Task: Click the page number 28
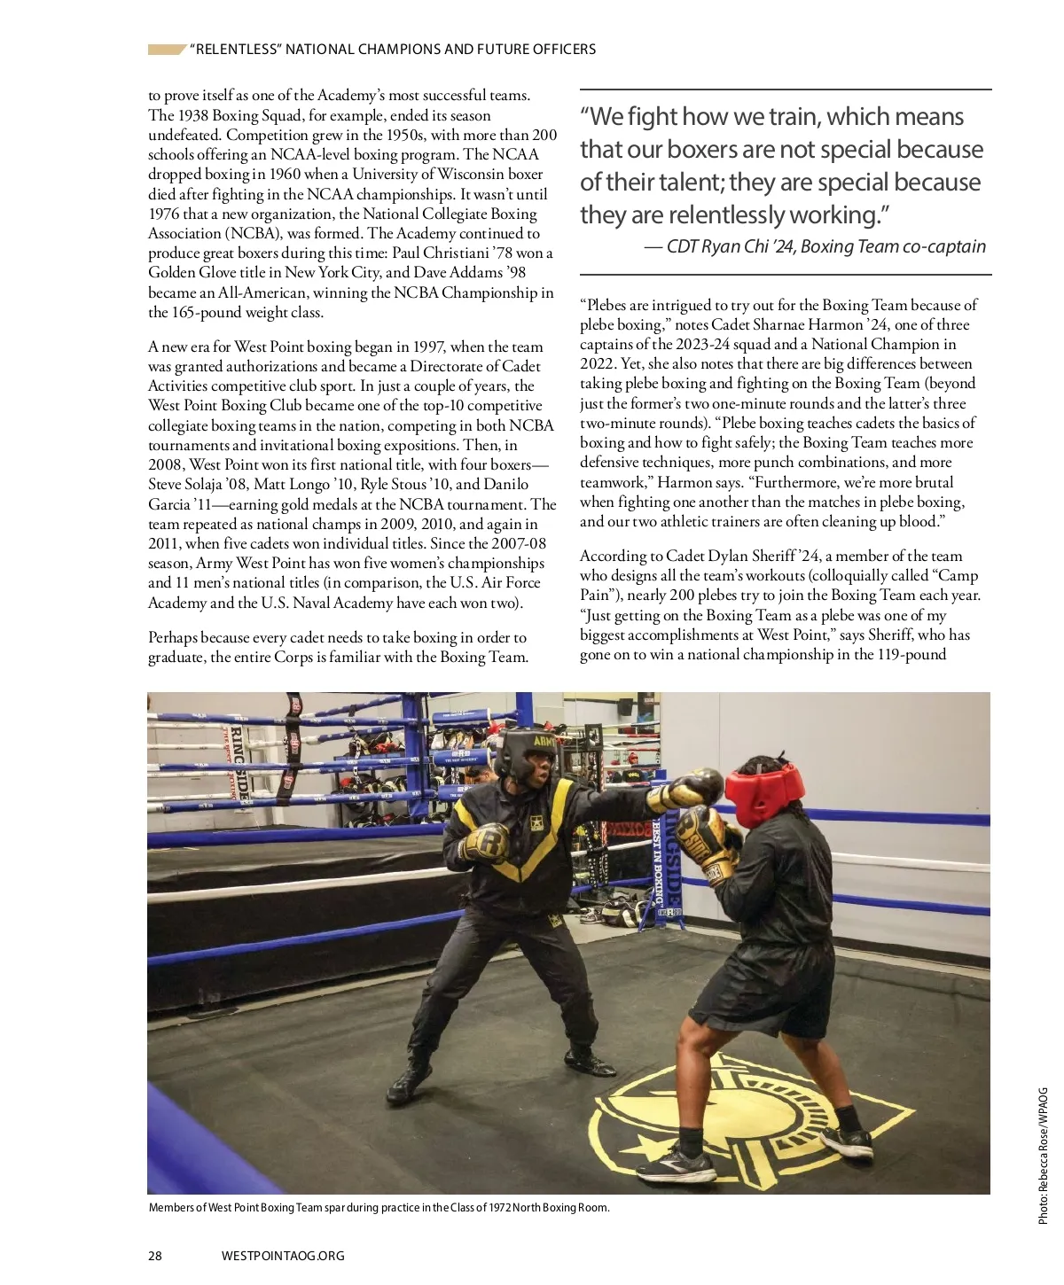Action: tap(155, 1255)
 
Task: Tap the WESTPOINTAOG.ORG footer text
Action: tap(283, 1255)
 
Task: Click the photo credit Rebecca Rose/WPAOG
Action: tap(1043, 1156)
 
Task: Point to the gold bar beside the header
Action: tap(166, 50)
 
